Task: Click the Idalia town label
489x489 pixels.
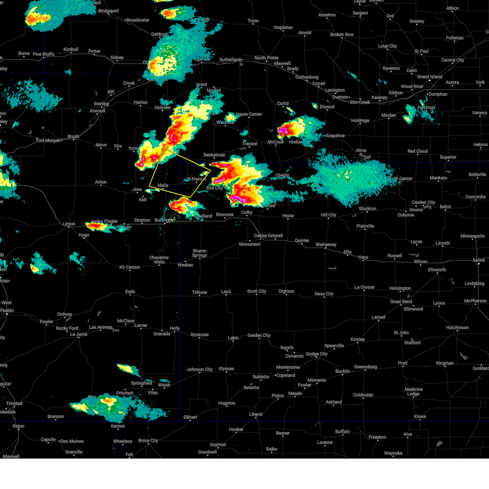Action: click(x=163, y=185)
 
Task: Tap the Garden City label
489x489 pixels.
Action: click(x=259, y=335)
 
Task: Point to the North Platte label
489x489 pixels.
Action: click(x=267, y=58)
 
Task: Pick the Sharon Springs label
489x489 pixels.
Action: click(x=200, y=253)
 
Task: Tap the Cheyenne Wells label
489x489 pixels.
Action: click(x=159, y=260)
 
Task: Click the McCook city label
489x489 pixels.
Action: click(x=275, y=142)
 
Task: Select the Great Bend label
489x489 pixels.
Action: click(x=401, y=302)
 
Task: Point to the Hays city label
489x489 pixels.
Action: click(x=363, y=257)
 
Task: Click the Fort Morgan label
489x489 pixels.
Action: click(x=48, y=141)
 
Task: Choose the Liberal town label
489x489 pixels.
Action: click(x=256, y=414)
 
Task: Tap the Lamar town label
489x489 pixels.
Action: click(x=141, y=325)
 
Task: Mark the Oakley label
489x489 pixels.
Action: click(x=261, y=236)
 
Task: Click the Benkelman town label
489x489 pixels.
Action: click(x=214, y=155)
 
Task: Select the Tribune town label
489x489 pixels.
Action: click(x=200, y=292)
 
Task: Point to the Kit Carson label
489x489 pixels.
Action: click(x=130, y=267)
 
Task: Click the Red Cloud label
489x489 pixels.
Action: click(x=418, y=151)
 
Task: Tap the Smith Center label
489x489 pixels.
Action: click(x=400, y=178)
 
